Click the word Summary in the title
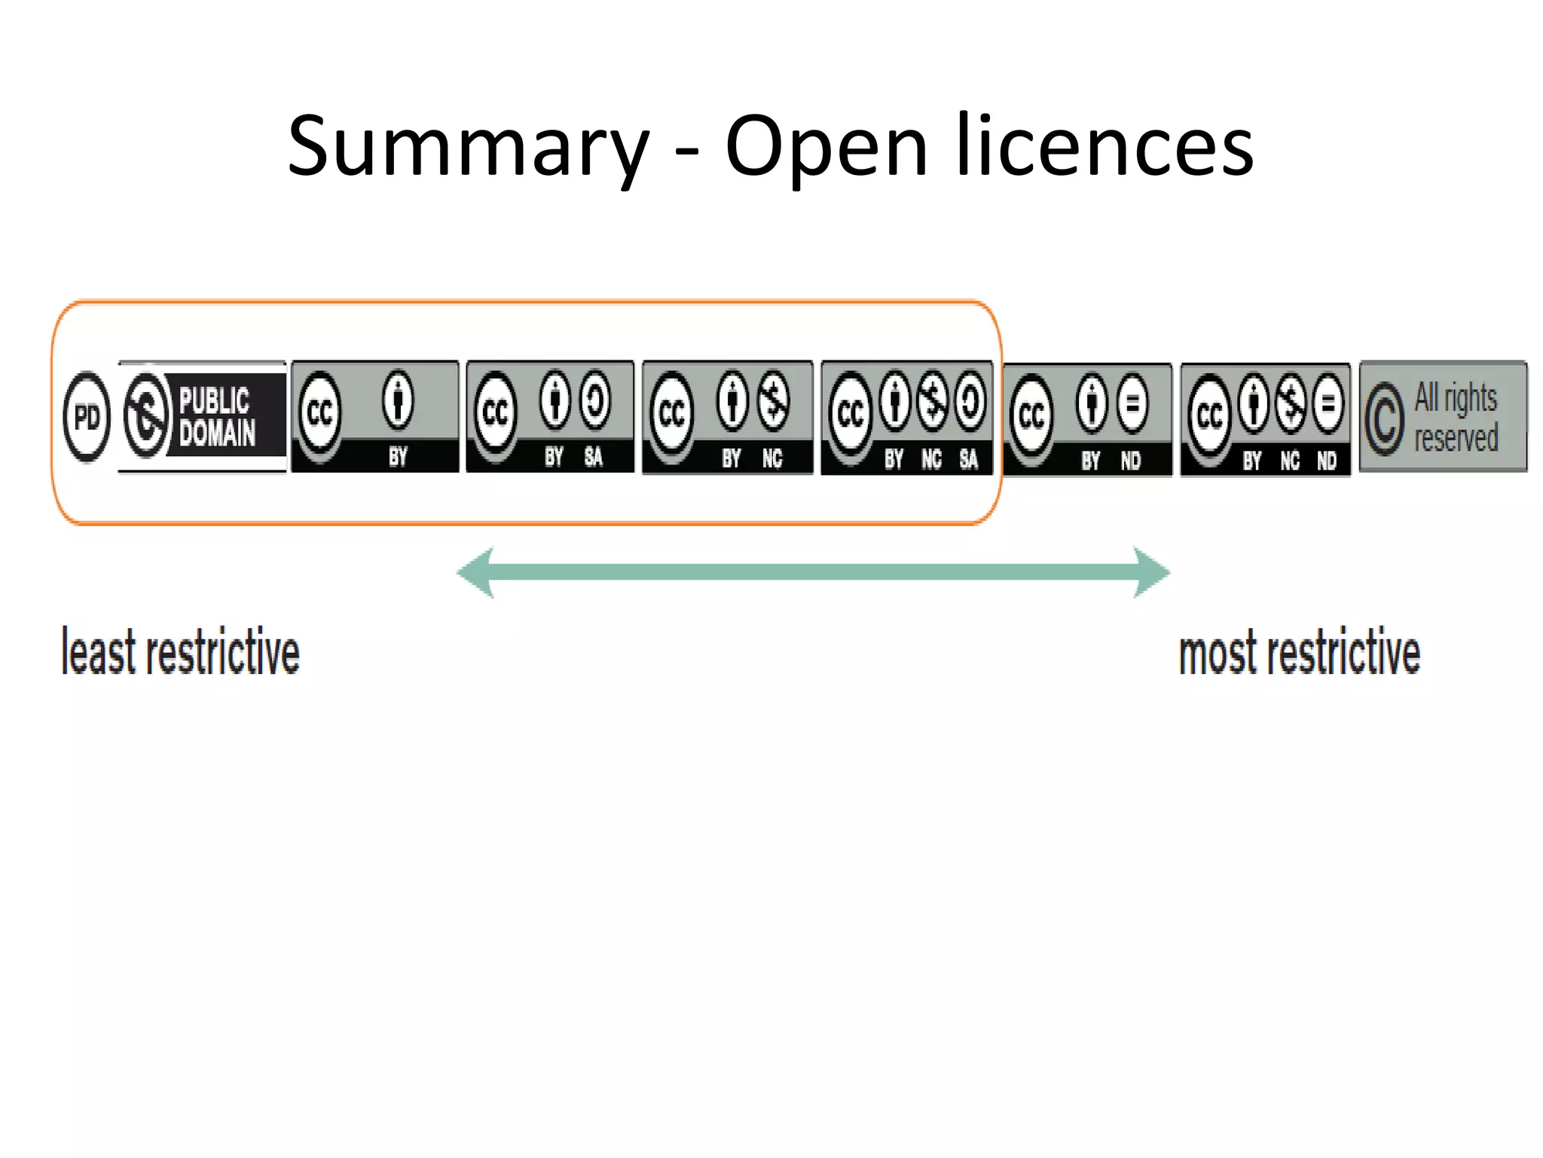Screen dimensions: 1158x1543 pyautogui.click(x=467, y=147)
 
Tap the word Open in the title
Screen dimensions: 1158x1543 pyautogui.click(x=825, y=147)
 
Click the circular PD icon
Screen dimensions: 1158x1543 pyautogui.click(x=87, y=417)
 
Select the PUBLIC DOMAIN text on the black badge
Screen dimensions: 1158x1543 pyautogui.click(x=217, y=416)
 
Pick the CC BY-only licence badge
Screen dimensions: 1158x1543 pyautogui.click(x=374, y=417)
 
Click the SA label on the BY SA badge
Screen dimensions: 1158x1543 pyautogui.click(x=594, y=457)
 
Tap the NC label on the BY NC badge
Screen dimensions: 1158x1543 pyautogui.click(x=772, y=458)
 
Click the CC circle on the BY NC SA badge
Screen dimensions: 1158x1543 pyautogui.click(x=851, y=413)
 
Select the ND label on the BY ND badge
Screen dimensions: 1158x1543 pyautogui.click(x=1130, y=461)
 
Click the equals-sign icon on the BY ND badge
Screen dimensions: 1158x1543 pyautogui.click(x=1132, y=404)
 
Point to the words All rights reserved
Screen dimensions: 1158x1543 pyautogui.click(x=1456, y=418)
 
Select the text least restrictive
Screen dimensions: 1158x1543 pyautogui.click(x=181, y=652)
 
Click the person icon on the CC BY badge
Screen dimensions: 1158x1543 pyautogui.click(x=398, y=400)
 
